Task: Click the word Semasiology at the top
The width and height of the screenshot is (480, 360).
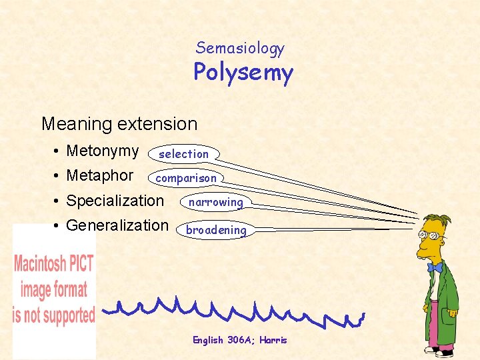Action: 240,48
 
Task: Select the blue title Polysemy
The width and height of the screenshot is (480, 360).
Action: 243,72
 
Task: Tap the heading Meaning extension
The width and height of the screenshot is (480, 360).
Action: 119,124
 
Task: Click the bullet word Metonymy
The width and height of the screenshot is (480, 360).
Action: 103,151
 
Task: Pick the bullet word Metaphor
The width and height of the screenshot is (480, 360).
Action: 100,176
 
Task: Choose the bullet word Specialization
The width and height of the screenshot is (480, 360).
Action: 115,201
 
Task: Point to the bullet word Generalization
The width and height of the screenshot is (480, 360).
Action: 117,225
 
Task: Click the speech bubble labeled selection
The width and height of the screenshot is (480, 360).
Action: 184,154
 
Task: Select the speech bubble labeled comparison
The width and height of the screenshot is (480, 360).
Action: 186,178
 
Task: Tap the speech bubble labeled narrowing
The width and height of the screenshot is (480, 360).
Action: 215,202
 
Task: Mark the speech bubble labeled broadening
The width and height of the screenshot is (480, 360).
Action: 216,230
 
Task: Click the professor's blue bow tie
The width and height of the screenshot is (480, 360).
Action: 435,268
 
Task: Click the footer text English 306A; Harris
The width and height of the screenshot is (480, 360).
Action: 240,340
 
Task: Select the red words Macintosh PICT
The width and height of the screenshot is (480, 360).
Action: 54,263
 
